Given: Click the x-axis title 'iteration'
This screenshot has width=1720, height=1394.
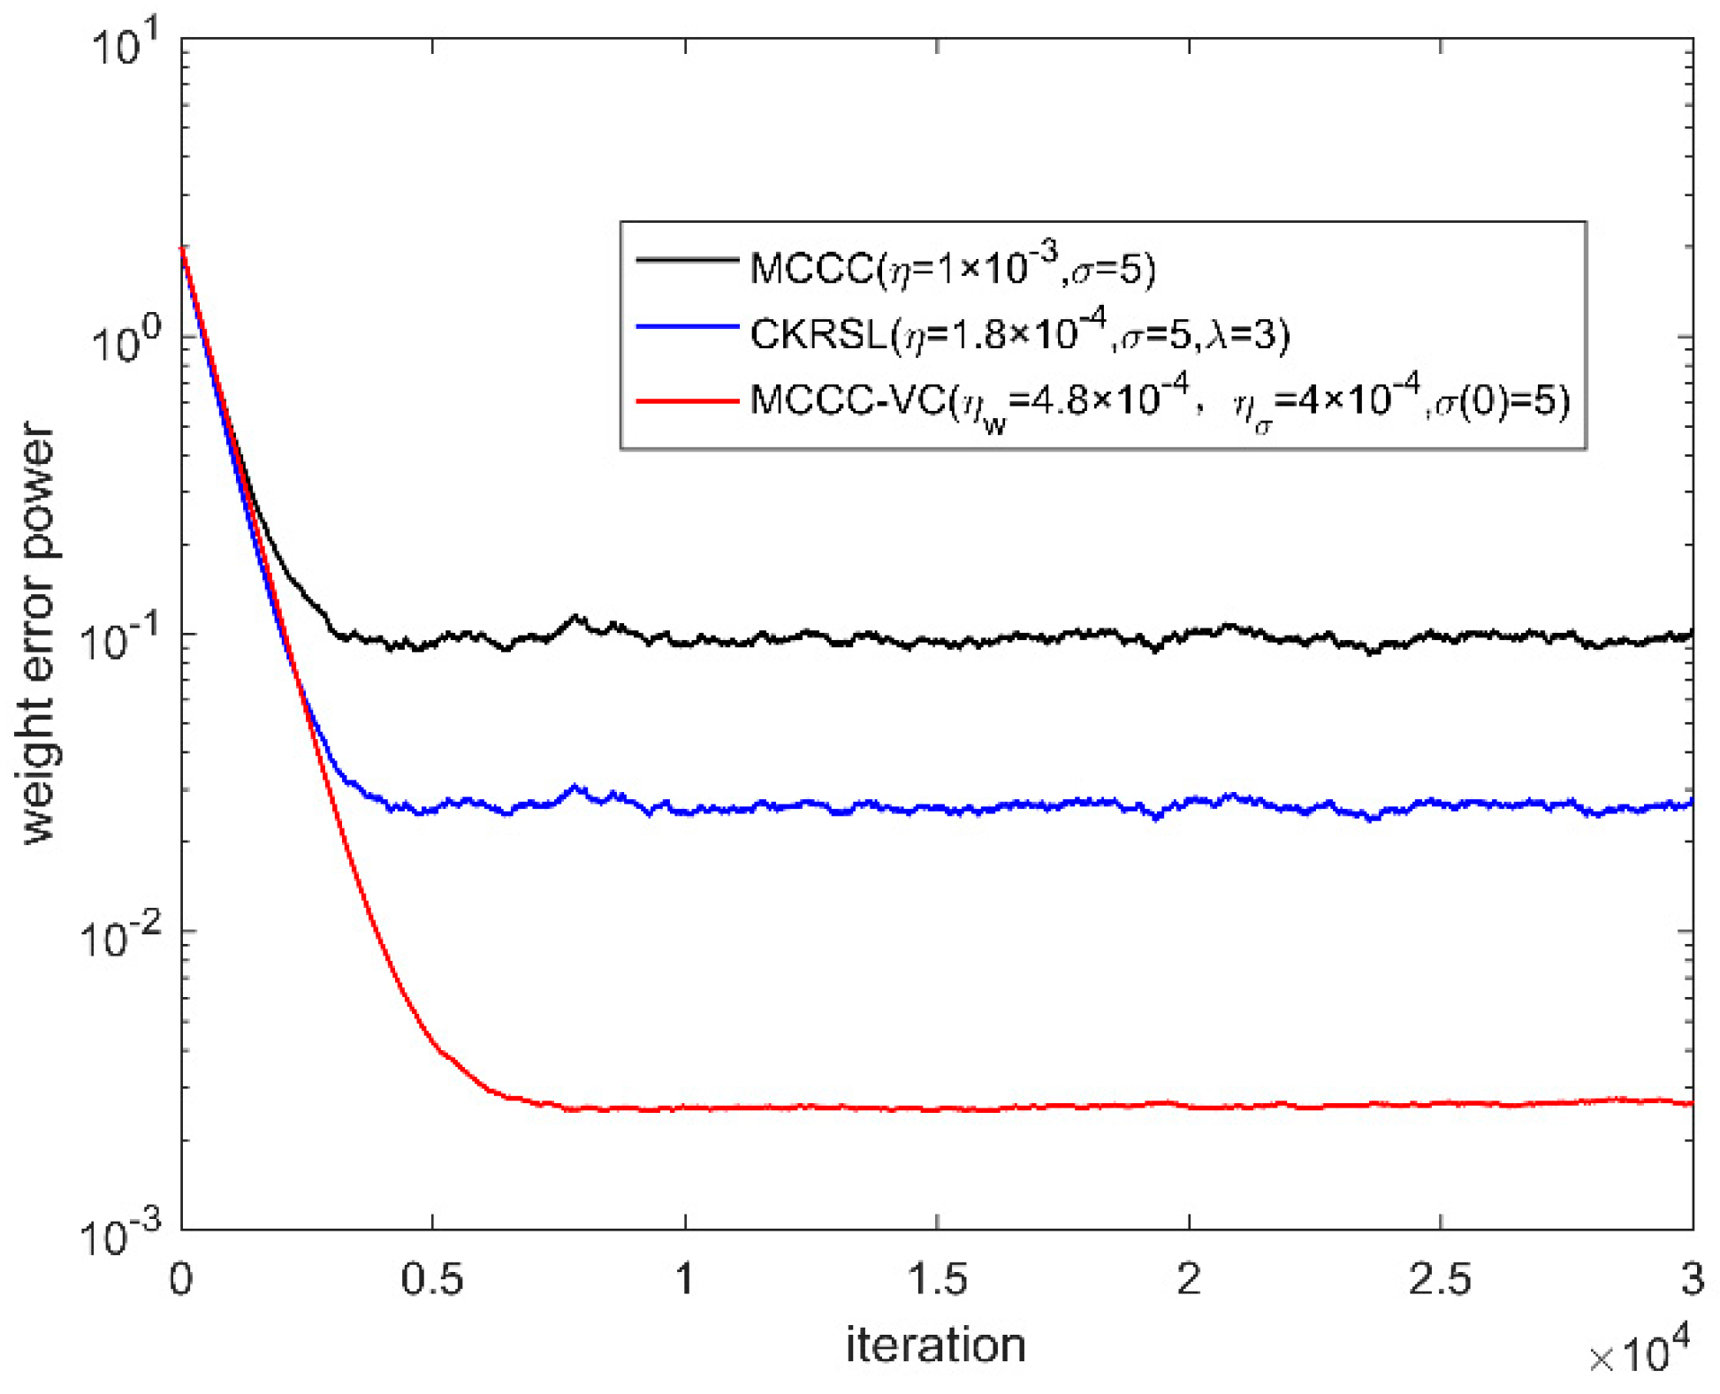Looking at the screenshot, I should [935, 1344].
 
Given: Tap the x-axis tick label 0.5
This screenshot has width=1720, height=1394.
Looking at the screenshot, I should [432, 1279].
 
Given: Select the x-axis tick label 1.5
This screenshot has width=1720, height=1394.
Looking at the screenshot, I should [937, 1279].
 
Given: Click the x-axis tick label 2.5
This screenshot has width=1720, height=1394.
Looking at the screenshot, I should [1440, 1279].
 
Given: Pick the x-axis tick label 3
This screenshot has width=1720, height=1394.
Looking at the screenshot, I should [1692, 1279].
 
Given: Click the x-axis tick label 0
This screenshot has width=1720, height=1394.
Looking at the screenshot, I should [181, 1279].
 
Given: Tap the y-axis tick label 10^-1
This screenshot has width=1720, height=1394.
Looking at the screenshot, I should [119, 638].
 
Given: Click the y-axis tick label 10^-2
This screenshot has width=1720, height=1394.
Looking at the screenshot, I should [119, 935].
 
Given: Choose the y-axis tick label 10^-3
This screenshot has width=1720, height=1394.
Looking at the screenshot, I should [119, 1233].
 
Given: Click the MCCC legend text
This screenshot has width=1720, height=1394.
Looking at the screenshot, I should [952, 266].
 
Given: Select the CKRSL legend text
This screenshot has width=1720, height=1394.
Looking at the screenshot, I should [1019, 333].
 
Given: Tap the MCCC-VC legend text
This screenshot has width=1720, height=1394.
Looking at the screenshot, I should [1160, 402].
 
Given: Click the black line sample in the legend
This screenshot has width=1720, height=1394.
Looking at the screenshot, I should [687, 260].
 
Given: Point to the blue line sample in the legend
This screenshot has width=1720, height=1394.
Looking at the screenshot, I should [687, 327].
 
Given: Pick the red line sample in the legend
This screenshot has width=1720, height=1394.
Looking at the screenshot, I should [687, 401].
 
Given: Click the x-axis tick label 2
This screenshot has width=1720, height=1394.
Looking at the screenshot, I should [1189, 1279].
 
